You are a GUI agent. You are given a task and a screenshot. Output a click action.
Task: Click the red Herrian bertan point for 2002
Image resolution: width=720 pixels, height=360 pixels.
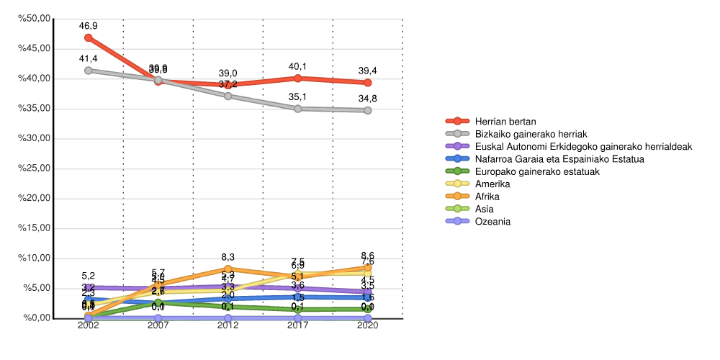pyautogui.click(x=88, y=37)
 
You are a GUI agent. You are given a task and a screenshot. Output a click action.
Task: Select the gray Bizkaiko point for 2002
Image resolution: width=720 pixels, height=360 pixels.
pyautogui.click(x=88, y=71)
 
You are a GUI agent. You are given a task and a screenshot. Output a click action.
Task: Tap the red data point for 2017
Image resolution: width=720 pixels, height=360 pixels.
pyautogui.click(x=298, y=78)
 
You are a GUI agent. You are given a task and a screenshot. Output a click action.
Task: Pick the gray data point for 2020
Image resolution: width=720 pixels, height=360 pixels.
pyautogui.click(x=368, y=110)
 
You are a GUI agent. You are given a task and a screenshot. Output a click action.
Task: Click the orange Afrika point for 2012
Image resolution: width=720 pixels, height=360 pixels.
pyautogui.click(x=228, y=269)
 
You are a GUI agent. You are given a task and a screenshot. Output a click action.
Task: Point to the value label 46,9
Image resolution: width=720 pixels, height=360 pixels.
pyautogui.click(x=88, y=25)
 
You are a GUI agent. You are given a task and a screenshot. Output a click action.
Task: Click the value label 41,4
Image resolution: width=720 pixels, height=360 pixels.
pyautogui.click(x=88, y=58)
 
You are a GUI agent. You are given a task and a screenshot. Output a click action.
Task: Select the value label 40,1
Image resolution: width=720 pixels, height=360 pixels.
pyautogui.click(x=298, y=66)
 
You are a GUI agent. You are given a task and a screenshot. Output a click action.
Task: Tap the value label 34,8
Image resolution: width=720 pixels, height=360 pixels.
pyautogui.click(x=368, y=98)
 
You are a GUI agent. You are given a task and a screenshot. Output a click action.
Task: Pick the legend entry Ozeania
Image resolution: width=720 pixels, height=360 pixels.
pyautogui.click(x=493, y=221)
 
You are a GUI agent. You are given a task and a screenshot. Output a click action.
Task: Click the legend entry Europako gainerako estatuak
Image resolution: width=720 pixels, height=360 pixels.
pyautogui.click(x=537, y=171)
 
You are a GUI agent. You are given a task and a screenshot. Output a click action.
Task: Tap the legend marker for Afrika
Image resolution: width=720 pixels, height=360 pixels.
pyautogui.click(x=457, y=197)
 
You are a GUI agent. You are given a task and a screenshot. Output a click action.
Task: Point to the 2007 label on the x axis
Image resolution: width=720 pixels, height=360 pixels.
pyautogui.click(x=158, y=326)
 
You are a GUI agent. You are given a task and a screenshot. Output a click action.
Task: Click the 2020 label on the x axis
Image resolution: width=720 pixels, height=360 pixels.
pyautogui.click(x=368, y=326)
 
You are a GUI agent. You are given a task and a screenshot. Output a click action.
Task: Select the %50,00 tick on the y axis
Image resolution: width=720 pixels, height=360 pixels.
pyautogui.click(x=35, y=19)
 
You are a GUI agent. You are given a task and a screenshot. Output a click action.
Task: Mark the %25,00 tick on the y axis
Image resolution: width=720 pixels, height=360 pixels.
pyautogui.click(x=35, y=168)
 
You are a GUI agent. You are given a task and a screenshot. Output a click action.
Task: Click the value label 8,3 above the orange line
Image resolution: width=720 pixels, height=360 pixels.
pyautogui.click(x=228, y=256)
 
